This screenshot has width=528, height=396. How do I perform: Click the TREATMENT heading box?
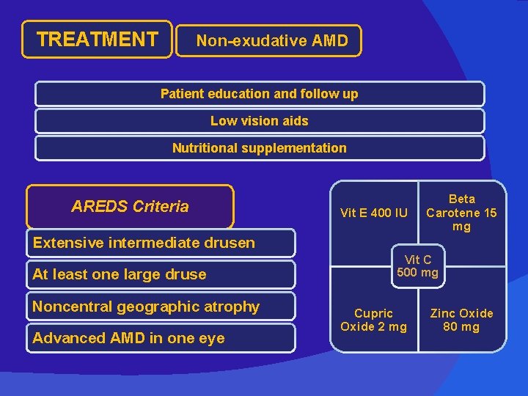pyautogui.click(x=97, y=39)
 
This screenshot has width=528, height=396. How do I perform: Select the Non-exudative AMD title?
pyautogui.click(x=271, y=41)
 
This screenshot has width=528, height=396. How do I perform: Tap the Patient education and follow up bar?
pyautogui.click(x=260, y=94)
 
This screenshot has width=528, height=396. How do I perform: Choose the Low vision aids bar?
pyautogui.click(x=260, y=121)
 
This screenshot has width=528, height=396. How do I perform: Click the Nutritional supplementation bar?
pyautogui.click(x=260, y=148)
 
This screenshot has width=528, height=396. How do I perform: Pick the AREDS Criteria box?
pyautogui.click(x=130, y=206)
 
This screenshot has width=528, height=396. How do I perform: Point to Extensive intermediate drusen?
pyautogui.click(x=144, y=243)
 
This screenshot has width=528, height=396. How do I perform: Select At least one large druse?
pyautogui.click(x=120, y=274)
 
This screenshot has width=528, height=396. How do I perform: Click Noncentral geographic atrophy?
pyautogui.click(x=146, y=307)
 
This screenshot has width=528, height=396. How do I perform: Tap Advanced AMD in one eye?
pyautogui.click(x=129, y=338)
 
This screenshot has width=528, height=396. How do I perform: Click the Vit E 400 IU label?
pyautogui.click(x=374, y=213)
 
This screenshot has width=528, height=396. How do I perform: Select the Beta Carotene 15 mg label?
pyautogui.click(x=461, y=213)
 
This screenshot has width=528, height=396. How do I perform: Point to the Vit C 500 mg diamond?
pyautogui.click(x=418, y=266)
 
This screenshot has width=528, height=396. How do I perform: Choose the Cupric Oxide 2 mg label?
pyautogui.click(x=373, y=320)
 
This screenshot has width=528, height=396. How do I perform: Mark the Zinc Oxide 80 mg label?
pyautogui.click(x=461, y=320)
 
